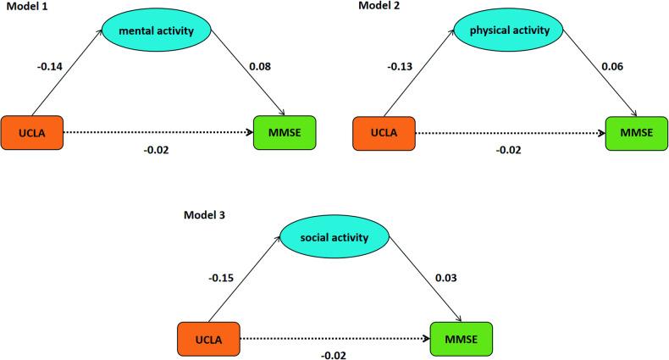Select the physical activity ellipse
pos(509,31)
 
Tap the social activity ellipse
pos(335,238)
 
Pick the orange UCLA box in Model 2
pos(384,134)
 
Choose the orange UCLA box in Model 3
pos(208,338)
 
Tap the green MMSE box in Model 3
pos(460,338)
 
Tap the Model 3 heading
pos(207,214)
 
